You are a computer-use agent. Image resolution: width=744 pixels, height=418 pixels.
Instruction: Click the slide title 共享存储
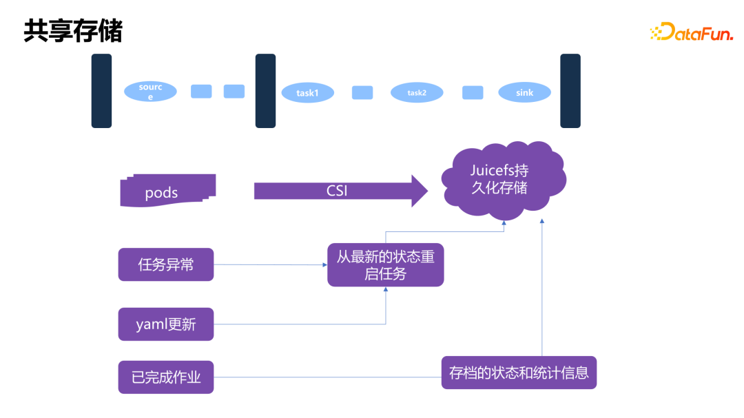73,31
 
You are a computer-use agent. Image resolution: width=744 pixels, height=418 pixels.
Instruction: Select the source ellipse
150,92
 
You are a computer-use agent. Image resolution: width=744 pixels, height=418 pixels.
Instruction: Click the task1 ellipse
307,92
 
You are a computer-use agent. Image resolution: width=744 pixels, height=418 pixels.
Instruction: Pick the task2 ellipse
416,92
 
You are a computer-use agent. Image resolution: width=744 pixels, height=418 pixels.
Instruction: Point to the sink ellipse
524,92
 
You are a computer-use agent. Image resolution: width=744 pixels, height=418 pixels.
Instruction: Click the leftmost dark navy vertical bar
101,91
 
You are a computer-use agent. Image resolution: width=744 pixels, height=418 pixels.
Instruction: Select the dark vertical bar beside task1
265,91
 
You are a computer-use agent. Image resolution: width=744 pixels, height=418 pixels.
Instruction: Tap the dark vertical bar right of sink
570,91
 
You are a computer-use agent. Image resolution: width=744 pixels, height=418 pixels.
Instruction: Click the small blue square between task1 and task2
362,92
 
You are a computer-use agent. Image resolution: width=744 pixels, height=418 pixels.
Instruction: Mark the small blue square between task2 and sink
472,92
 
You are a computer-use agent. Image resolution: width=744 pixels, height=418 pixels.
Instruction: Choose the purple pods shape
167,191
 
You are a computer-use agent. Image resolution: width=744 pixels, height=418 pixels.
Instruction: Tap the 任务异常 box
166,264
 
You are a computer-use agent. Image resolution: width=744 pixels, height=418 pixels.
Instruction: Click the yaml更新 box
166,324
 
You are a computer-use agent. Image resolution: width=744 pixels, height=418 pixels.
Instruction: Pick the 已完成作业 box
166,377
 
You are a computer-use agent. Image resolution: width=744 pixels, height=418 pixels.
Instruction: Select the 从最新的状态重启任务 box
385,264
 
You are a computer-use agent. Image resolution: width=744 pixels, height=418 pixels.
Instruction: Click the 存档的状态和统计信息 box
519,373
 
